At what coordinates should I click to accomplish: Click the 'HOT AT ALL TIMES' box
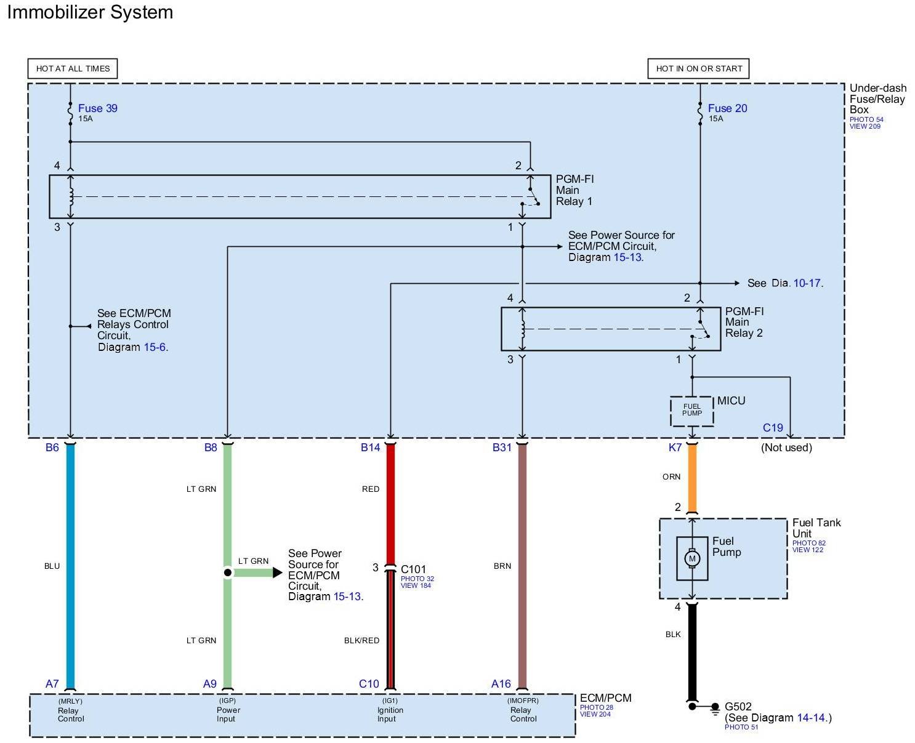point(73,68)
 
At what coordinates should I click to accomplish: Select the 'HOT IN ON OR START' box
point(698,68)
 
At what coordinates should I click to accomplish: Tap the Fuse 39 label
point(97,108)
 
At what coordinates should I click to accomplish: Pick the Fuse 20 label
point(727,108)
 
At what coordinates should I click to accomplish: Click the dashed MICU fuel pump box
point(692,411)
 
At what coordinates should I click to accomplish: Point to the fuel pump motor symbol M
point(692,558)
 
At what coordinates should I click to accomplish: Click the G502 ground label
point(738,707)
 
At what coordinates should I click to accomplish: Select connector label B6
point(52,448)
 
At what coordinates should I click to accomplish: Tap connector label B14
point(370,448)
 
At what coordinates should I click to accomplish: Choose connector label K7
point(675,448)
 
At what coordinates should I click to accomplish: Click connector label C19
point(773,428)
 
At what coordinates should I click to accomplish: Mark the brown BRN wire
point(522,566)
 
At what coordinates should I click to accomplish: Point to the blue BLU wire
point(70,566)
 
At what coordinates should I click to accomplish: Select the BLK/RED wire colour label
point(361,641)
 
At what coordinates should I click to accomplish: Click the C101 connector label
point(413,569)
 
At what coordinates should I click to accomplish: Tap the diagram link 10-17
point(807,283)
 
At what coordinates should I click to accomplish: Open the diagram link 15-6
point(155,347)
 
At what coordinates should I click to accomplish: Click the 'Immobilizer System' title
point(90,12)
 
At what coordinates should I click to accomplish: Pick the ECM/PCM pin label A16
point(501,684)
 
